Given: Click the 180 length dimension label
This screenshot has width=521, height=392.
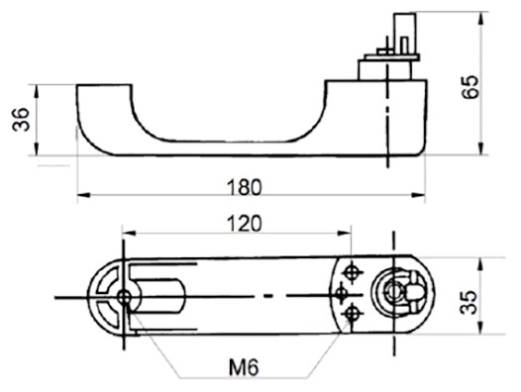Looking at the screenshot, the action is tap(245, 187).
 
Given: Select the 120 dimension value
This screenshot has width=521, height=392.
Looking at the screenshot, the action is tap(245, 224).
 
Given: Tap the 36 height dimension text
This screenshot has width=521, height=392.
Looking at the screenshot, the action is tap(21, 120).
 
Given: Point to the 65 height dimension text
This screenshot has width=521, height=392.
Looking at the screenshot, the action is tap(470, 87).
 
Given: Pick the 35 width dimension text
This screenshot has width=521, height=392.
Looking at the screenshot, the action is tap(469, 302).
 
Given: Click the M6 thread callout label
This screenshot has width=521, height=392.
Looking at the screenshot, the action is tap(244, 368).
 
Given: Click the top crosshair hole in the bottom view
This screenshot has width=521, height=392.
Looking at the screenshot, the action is tap(352, 273).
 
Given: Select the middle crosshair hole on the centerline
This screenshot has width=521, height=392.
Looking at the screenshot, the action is tap(342, 294).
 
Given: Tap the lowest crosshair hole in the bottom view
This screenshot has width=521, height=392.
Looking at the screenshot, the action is tap(352, 314).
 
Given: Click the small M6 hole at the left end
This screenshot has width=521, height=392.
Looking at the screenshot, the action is tap(124, 297).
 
